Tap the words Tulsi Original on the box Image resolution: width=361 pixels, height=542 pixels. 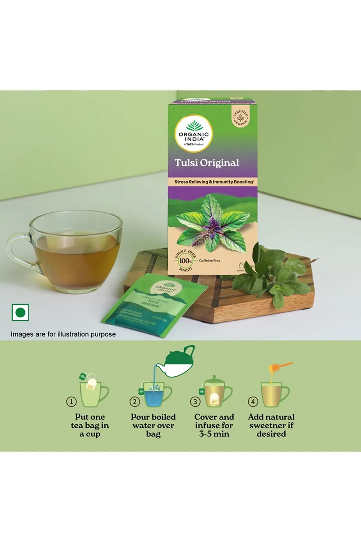pos(207,163)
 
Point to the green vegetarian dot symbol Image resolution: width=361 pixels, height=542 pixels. pos(20,313)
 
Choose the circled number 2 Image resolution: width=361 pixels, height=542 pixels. pos(134,401)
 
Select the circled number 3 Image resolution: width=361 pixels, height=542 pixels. pos(195,401)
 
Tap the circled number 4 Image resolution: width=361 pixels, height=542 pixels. pos(253,401)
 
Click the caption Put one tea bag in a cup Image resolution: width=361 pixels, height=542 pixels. pos(90,425)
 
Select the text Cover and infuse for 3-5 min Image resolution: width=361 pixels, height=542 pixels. pos(214,425)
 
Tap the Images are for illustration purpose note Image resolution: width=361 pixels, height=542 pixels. pos(64,334)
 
